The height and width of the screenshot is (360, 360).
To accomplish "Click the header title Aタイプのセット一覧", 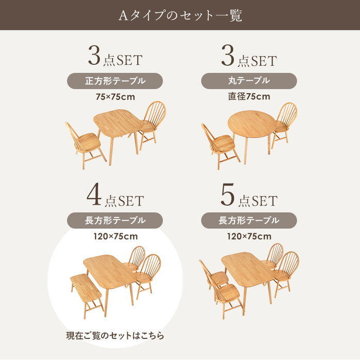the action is [x=180, y=15].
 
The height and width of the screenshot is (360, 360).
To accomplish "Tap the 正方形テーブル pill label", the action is [x=115, y=81].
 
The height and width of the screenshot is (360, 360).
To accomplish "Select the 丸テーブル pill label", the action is [x=249, y=81].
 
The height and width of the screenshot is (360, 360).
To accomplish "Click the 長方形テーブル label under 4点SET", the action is [x=115, y=221].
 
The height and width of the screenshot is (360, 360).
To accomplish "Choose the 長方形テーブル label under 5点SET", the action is [x=249, y=221].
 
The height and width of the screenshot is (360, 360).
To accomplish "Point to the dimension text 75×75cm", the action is [x=115, y=97].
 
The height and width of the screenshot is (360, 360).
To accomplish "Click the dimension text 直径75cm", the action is [x=249, y=97].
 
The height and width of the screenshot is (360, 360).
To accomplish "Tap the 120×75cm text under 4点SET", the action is [x=116, y=236].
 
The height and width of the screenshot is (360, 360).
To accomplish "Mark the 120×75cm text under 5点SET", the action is [x=249, y=236].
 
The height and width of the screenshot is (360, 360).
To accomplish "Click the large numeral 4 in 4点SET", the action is [x=94, y=194].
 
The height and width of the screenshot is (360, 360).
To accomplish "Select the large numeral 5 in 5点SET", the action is [x=227, y=194].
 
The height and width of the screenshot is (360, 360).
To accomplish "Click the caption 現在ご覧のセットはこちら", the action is [x=115, y=336].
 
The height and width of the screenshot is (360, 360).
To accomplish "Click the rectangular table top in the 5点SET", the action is [x=248, y=269].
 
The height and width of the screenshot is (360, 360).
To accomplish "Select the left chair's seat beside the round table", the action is [x=223, y=143].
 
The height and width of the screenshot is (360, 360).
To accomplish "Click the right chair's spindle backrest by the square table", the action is [x=154, y=114].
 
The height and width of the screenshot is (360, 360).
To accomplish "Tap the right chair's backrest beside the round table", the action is [x=287, y=114].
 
